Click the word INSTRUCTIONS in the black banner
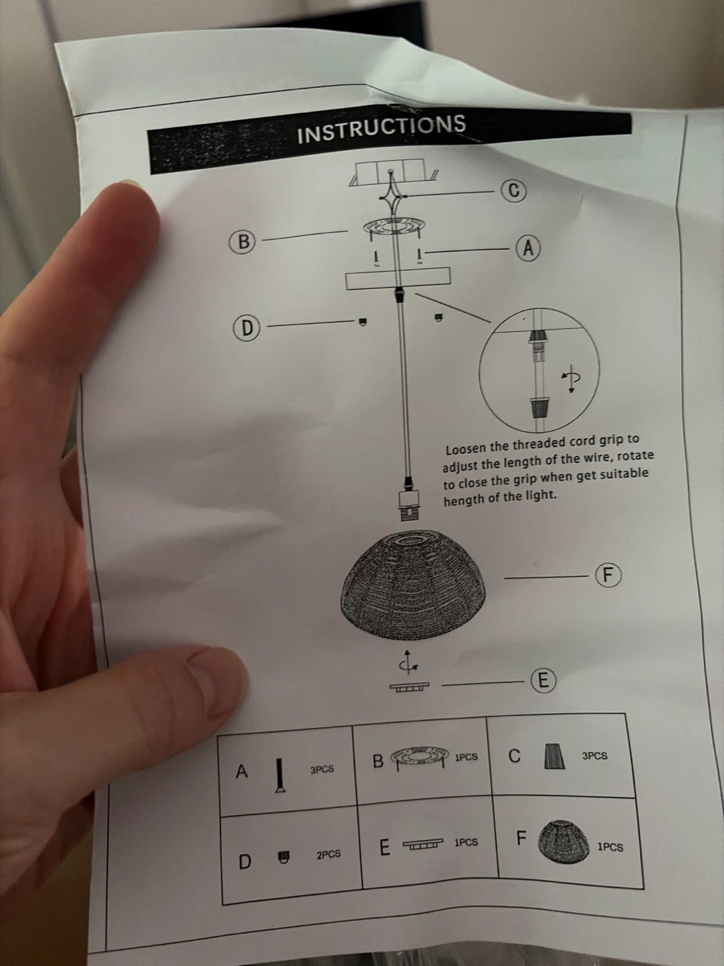(381, 129)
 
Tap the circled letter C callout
(514, 191)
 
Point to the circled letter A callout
(528, 248)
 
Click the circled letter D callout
(247, 328)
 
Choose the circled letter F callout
(609, 575)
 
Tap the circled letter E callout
(543, 680)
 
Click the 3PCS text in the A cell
(322, 769)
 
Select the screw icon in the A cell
(280, 776)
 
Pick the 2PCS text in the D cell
(328, 855)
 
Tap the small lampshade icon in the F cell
(564, 841)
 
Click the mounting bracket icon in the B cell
(419, 758)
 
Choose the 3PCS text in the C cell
(595, 756)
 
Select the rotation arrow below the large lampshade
(409, 663)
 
